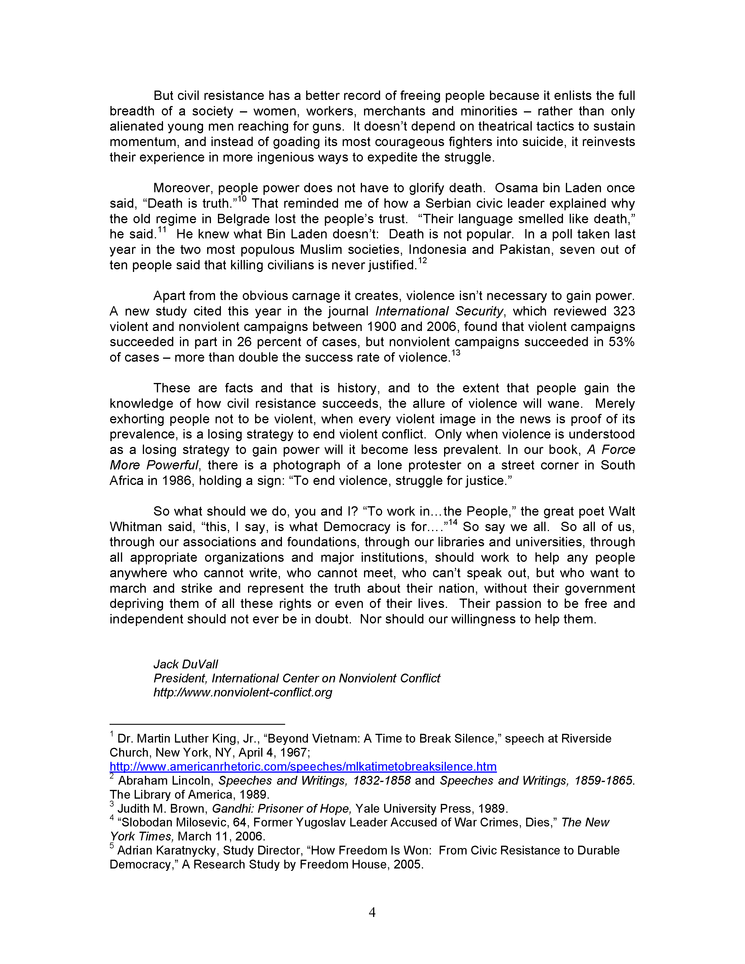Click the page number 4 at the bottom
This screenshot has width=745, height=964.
pyautogui.click(x=372, y=912)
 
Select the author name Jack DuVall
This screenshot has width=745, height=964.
pyautogui.click(x=185, y=664)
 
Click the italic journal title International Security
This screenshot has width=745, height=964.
pyautogui.click(x=439, y=311)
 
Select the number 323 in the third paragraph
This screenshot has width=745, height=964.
pyautogui.click(x=624, y=311)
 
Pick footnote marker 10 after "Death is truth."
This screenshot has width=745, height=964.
pyautogui.click(x=242, y=199)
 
